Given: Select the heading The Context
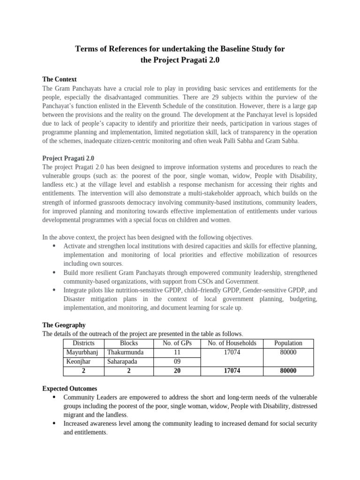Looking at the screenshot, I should click(x=60, y=79).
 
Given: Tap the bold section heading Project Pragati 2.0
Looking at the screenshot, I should click(x=68, y=158).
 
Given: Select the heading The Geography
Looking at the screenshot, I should click(x=64, y=325).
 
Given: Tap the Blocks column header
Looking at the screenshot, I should click(x=129, y=343).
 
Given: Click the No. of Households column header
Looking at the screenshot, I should click(x=232, y=343).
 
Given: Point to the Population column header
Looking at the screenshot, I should click(x=288, y=343).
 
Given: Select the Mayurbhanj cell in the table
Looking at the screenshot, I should click(x=84, y=352).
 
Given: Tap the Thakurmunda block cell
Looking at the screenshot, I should click(x=126, y=352).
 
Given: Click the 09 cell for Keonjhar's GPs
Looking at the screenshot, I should click(x=175, y=362).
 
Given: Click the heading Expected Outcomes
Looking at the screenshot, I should click(x=69, y=389).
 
